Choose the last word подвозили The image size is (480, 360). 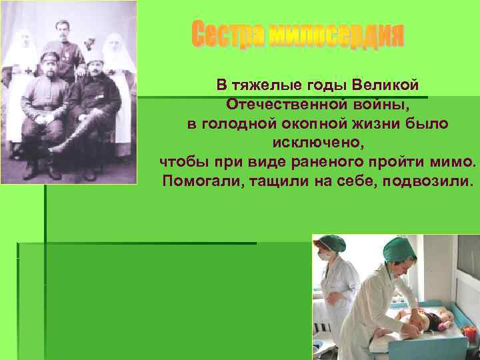click(426, 181)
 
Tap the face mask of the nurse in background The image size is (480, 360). click(324, 255)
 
